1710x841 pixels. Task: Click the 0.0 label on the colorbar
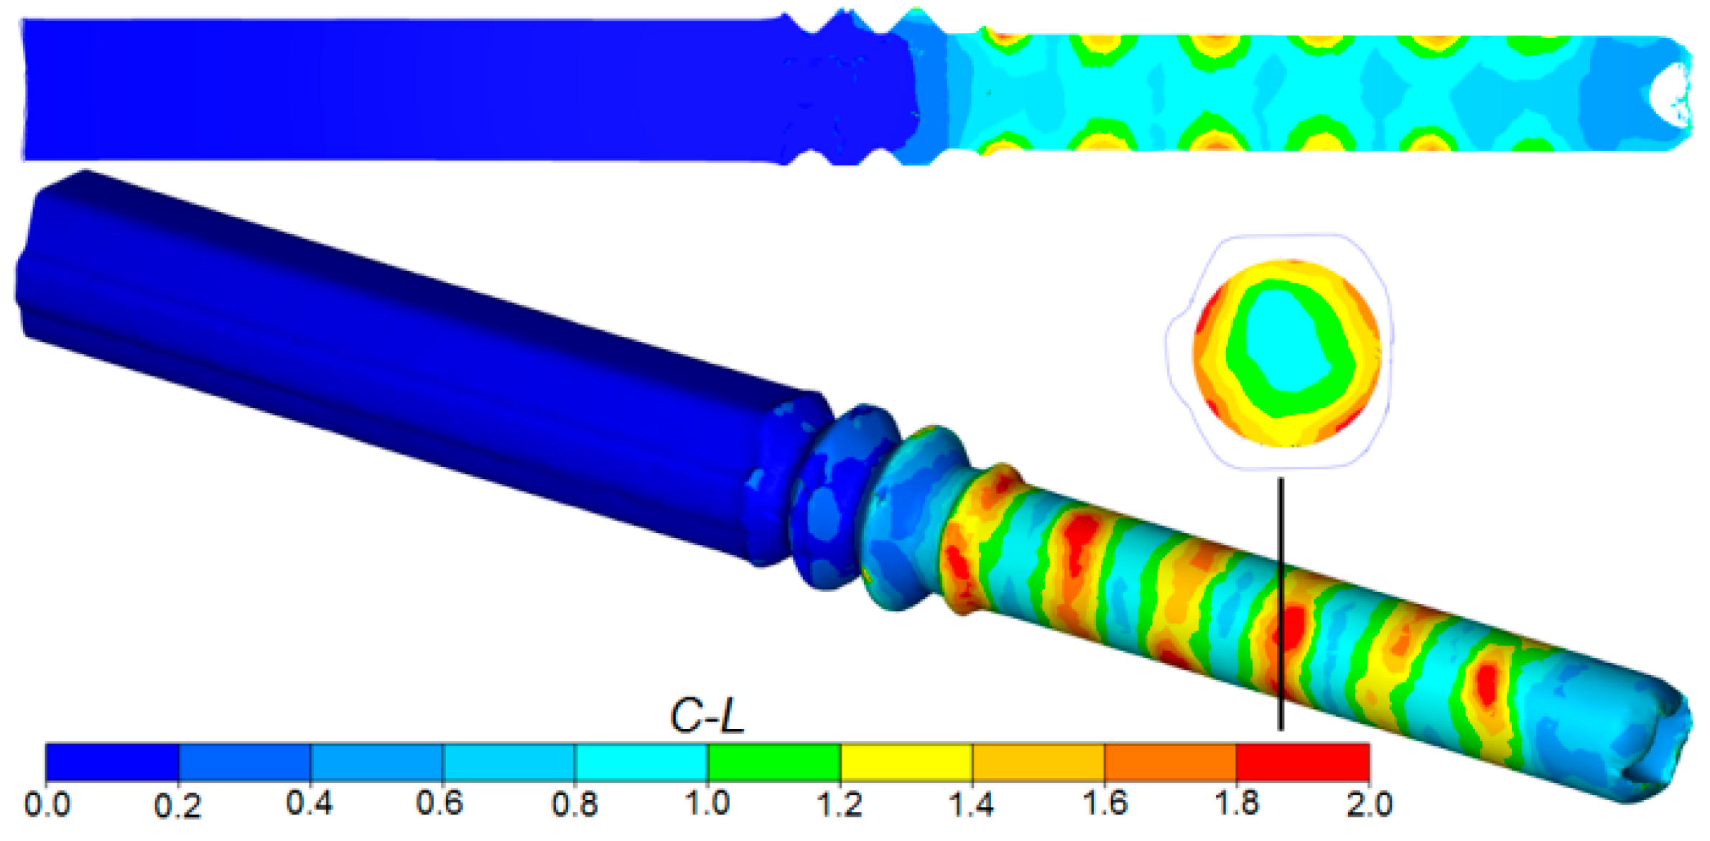click(x=47, y=804)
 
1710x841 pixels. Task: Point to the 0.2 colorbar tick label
click(x=178, y=807)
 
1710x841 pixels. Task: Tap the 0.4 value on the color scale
click(x=310, y=803)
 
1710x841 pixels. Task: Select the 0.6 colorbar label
click(x=440, y=803)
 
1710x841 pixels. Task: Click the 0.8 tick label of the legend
click(x=575, y=804)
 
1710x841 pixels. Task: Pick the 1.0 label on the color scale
click(x=707, y=803)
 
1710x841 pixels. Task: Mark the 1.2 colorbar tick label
click(x=840, y=804)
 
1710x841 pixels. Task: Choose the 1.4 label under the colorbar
click(x=972, y=804)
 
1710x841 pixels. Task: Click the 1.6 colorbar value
click(x=1105, y=803)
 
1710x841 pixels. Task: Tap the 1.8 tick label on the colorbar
click(x=1237, y=803)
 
